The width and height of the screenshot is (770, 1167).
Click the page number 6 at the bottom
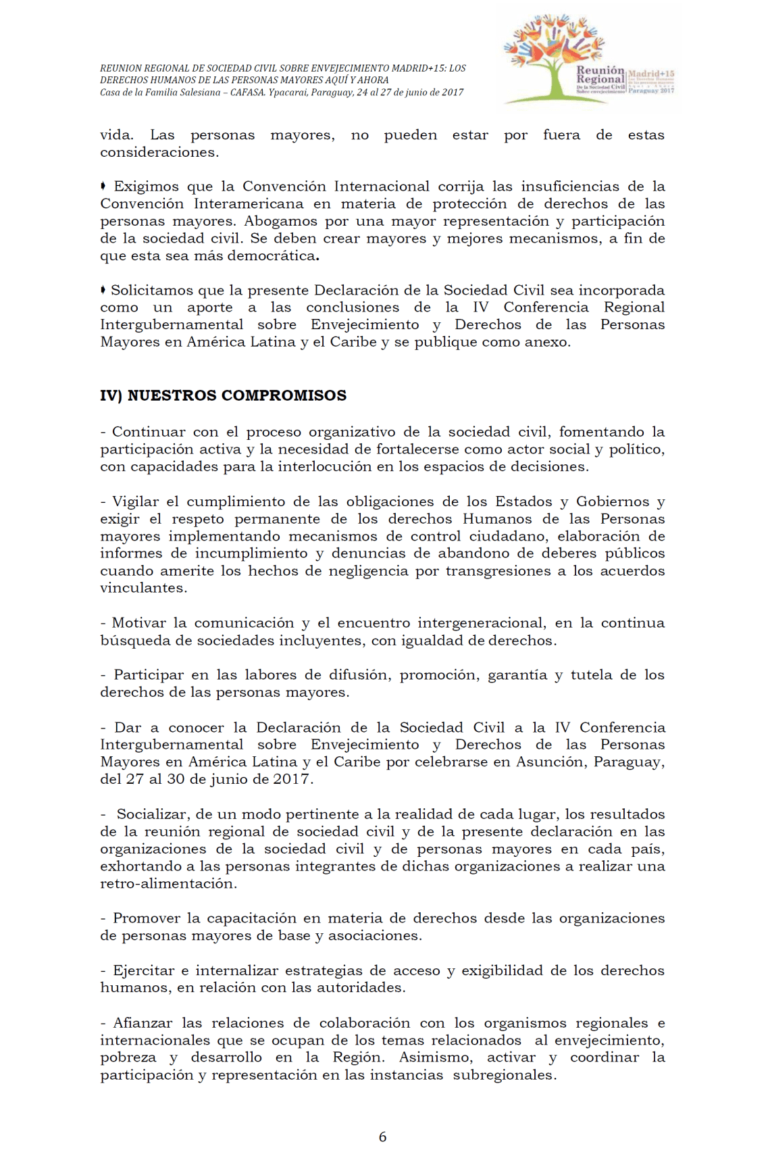382,1137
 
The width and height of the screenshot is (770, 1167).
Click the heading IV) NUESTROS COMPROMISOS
223,395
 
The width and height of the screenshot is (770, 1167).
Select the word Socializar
153,814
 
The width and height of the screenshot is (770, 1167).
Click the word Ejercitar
143,970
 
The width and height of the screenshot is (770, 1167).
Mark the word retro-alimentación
168,884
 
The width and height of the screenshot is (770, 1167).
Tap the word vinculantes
143,588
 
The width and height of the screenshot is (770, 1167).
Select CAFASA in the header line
247,93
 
